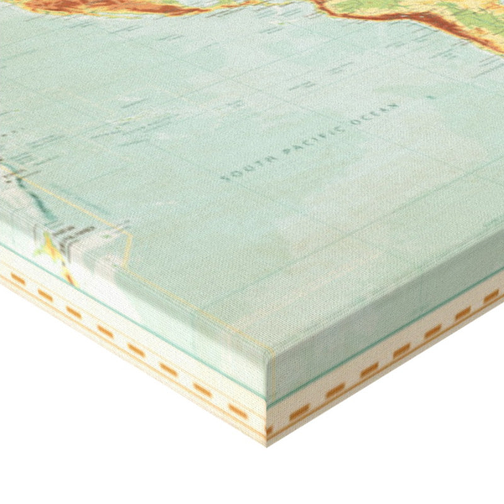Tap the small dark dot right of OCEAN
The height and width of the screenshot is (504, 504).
pyautogui.click(x=431, y=98)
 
